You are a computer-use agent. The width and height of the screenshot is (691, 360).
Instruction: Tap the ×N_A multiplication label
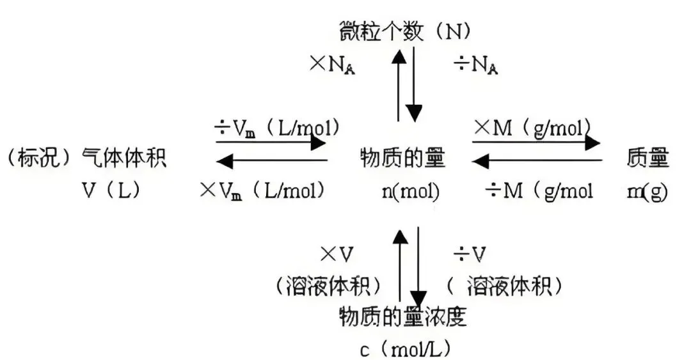tap(332, 66)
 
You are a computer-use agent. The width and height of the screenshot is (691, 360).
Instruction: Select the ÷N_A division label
tap(476, 66)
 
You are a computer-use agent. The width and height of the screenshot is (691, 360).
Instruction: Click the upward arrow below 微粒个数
tap(399, 84)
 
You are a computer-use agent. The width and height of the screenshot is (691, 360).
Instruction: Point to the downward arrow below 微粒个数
tap(414, 84)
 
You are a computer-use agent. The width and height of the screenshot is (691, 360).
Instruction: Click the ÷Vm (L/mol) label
tap(277, 129)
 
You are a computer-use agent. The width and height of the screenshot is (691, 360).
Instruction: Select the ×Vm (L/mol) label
tap(263, 191)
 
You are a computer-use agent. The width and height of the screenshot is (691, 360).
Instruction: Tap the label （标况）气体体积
tap(86, 158)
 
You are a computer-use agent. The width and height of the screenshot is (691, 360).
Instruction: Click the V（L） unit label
tap(111, 191)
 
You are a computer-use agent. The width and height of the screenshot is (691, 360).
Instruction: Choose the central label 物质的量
tap(403, 158)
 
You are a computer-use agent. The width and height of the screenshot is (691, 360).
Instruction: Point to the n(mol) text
tap(411, 191)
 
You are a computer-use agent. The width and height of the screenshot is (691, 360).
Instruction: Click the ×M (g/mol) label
tap(532, 129)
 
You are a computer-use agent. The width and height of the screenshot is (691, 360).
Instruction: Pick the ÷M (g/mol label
tap(539, 191)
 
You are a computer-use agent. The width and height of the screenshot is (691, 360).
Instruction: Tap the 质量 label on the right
tap(647, 158)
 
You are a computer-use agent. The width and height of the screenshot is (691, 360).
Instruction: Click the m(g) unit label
tap(647, 191)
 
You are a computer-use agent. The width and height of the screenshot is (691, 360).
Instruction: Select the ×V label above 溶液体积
tap(337, 254)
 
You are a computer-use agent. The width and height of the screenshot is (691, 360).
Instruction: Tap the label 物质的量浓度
tap(403, 317)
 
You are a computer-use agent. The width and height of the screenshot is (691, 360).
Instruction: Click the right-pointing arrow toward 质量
tap(536, 143)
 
